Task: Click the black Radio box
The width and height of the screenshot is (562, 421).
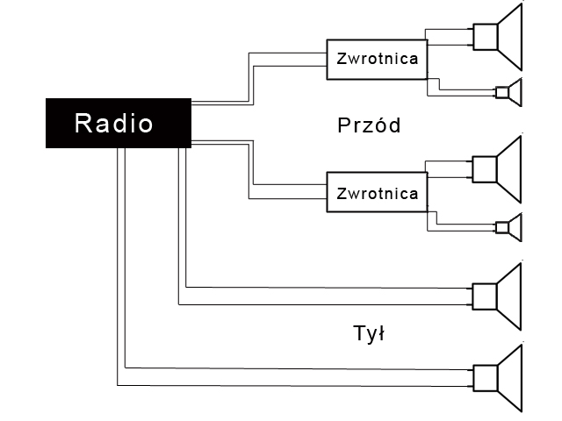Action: click(118, 123)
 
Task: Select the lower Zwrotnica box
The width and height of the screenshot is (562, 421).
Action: click(378, 194)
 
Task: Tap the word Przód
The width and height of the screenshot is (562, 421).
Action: click(369, 125)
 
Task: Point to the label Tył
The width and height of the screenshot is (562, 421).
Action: click(369, 334)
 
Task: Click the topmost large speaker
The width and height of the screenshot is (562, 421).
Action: click(499, 36)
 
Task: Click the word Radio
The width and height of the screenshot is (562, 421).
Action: click(114, 123)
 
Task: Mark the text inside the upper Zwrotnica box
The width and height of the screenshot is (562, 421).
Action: click(378, 59)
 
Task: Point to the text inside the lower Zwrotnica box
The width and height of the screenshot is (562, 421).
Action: click(378, 194)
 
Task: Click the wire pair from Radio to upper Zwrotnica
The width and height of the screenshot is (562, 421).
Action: click(251, 79)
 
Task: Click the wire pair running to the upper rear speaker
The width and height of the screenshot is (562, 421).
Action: click(325, 296)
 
